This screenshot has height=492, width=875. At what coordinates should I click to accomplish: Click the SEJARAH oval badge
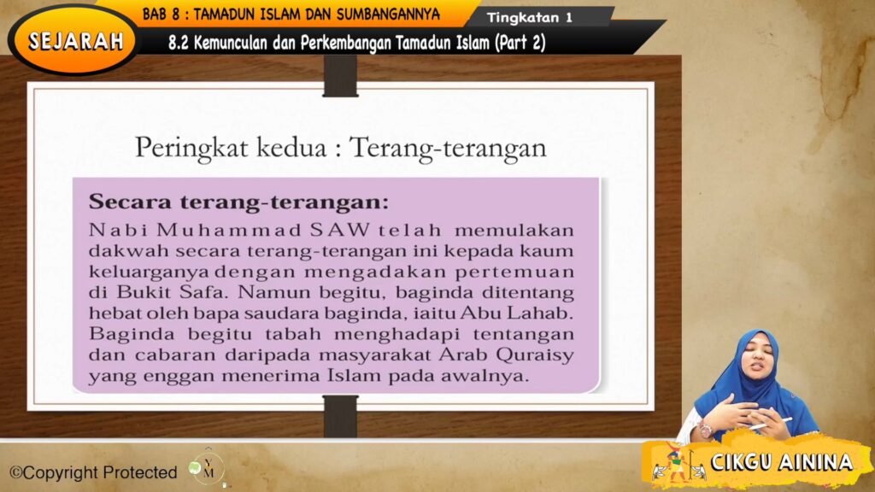click(x=75, y=40)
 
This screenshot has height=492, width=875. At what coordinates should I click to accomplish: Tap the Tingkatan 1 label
click(x=530, y=17)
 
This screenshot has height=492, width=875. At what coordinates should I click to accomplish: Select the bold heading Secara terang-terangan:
click(x=238, y=203)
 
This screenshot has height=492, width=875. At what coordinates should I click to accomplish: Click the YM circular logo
click(x=208, y=468)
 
